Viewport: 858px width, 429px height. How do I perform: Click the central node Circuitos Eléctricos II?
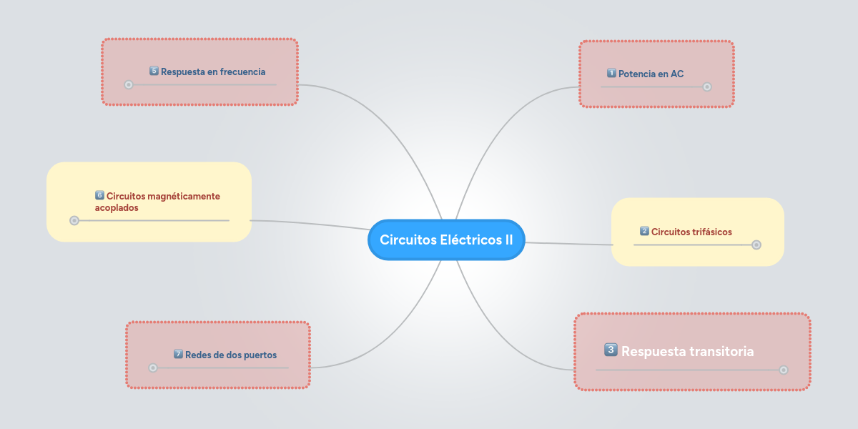point(446,240)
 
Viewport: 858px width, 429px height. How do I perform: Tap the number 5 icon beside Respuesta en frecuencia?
point(154,71)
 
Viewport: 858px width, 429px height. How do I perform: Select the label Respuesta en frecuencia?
point(213,71)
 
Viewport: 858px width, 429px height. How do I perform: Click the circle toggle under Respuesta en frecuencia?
point(129,84)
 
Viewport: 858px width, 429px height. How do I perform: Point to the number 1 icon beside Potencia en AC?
point(611,73)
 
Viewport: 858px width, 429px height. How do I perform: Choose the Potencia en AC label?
point(651,74)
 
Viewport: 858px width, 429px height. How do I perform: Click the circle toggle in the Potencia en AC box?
point(707,87)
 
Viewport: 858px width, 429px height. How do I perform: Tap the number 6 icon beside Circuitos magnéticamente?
point(99,195)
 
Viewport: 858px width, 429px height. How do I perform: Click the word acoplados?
point(117,207)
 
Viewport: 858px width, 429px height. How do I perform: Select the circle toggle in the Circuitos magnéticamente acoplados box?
point(74,220)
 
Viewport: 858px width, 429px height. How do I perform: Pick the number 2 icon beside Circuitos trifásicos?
point(644,231)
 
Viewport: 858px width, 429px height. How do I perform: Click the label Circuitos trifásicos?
point(691,232)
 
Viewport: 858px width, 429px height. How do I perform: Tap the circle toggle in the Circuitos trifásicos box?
point(756,245)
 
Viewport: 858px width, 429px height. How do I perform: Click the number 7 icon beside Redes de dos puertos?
point(178,354)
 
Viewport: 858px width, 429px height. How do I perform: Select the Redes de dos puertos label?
point(230,355)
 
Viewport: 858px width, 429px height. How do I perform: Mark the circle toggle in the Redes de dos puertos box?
point(152,368)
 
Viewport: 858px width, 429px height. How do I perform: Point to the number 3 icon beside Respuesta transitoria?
point(611,350)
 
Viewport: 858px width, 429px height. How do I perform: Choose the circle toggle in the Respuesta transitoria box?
point(784,370)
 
